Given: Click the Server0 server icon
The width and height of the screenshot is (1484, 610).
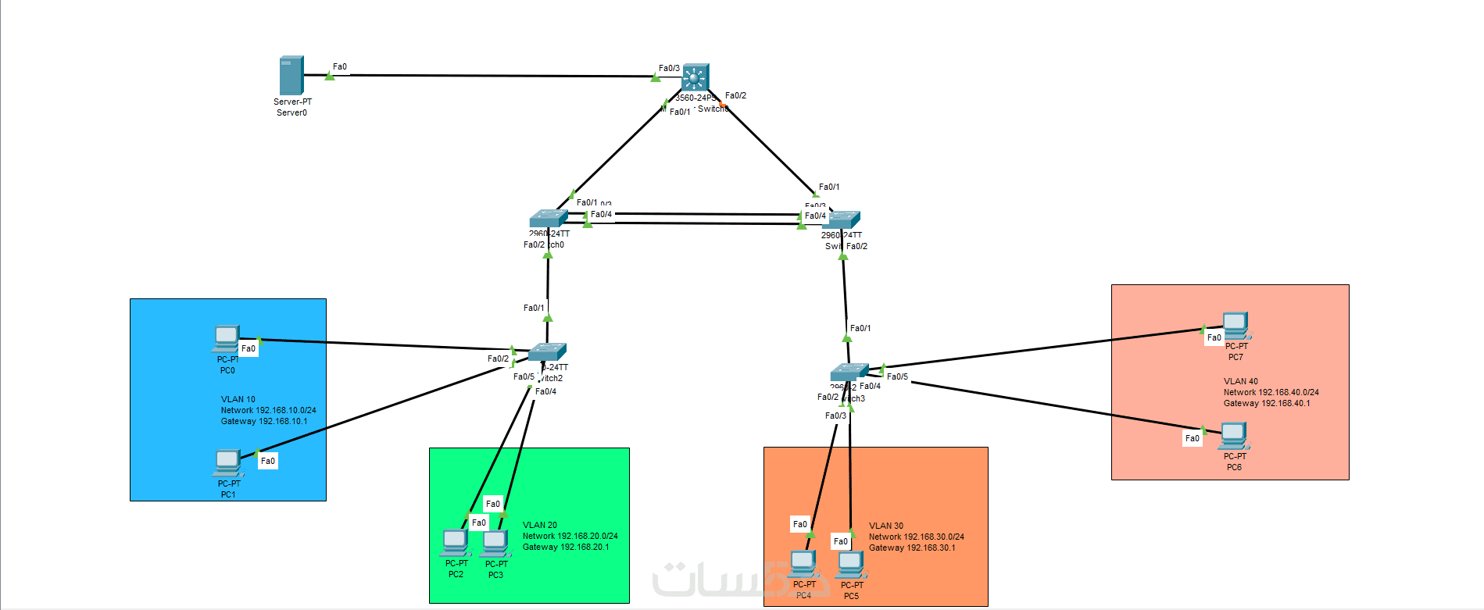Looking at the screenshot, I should [291, 76].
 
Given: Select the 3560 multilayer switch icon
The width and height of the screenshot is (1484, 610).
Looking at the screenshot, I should [695, 78].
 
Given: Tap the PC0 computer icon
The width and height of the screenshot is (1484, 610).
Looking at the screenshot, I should [226, 339].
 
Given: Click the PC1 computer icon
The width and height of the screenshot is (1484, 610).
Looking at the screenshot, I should [227, 463].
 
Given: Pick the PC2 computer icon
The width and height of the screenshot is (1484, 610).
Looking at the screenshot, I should [456, 542].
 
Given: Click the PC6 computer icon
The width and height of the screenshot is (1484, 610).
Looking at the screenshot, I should [1233, 436].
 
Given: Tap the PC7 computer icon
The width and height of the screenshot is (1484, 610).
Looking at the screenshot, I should [1235, 326].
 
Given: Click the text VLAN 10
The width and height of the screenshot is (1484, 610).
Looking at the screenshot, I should [238, 399].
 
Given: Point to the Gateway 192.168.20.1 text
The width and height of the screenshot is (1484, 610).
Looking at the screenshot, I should [566, 547].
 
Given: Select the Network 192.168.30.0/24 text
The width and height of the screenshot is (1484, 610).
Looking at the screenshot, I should [916, 537].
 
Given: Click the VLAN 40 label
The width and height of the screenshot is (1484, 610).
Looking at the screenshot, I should [1240, 381].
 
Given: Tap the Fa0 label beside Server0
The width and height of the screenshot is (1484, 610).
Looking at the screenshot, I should [340, 67].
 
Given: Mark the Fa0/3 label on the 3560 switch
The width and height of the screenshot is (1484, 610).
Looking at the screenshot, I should [669, 69].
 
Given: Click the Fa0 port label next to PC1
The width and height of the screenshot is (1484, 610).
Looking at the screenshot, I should [268, 461].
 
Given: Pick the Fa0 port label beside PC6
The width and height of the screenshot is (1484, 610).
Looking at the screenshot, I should [1192, 439].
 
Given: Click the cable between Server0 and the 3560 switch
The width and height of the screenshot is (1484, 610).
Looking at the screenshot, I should [492, 76].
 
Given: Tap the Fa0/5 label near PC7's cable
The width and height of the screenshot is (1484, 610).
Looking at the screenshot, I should [897, 376].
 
